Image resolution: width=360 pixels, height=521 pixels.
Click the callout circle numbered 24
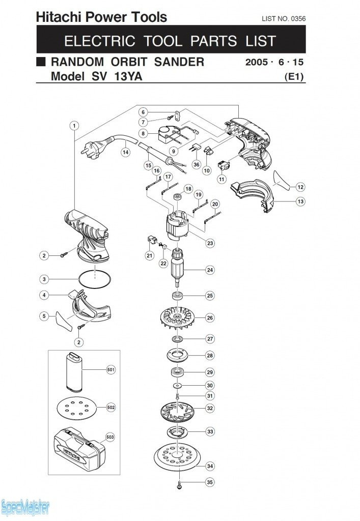[210, 270]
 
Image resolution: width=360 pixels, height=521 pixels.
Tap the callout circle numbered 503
[110, 437]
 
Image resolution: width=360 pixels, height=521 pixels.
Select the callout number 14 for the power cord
[125, 152]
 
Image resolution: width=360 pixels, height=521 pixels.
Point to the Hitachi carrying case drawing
[80, 451]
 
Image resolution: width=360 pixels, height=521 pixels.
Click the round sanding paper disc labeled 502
[77, 408]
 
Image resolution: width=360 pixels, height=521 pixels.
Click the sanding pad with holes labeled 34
[177, 457]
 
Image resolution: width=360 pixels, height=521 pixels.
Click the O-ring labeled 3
[95, 279]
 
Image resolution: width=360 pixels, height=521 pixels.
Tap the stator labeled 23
[177, 225]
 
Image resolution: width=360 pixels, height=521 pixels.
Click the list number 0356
[298, 19]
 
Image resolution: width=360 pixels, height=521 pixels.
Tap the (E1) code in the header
[294, 77]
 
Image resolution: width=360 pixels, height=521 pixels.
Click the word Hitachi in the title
[57, 17]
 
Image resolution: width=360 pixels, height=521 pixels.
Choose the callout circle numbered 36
[197, 164]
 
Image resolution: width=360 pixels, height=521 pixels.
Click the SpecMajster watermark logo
[25, 508]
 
